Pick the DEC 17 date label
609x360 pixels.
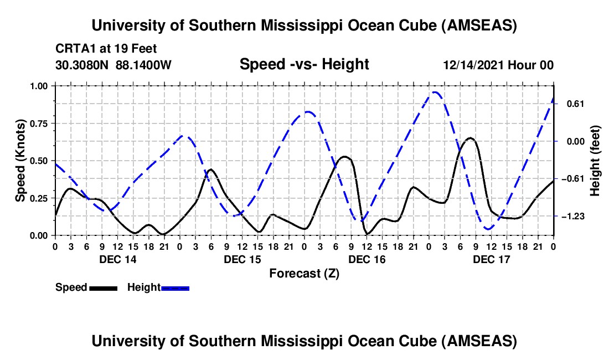pyautogui.click(x=491, y=259)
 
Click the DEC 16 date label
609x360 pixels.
pyautogui.click(x=367, y=259)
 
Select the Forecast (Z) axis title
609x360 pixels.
pyautogui.click(x=304, y=273)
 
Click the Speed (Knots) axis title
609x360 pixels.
pyautogui.click(x=20, y=161)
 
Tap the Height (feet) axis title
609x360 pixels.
pyautogui.click(x=595, y=161)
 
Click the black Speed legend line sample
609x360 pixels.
pyautogui.click(x=103, y=288)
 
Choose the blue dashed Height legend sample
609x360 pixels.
pyautogui.click(x=175, y=288)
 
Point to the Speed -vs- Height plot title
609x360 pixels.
pyautogui.click(x=304, y=65)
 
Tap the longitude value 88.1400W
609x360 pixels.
pyautogui.click(x=144, y=65)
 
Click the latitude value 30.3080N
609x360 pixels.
pyautogui.click(x=82, y=65)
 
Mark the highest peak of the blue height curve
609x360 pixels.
pyautogui.click(x=436, y=92)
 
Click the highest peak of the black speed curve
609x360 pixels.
pyautogui.click(x=471, y=137)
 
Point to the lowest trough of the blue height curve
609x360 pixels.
pyautogui.click(x=488, y=229)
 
